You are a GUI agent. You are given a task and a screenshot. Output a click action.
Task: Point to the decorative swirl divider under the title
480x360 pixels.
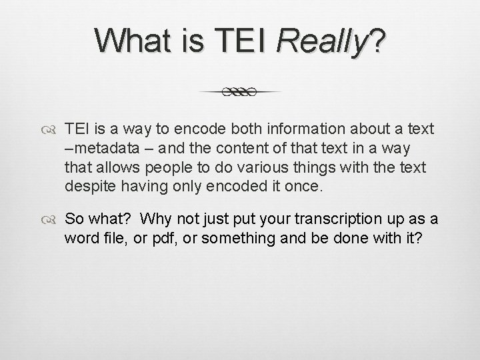pyautogui.click(x=240, y=92)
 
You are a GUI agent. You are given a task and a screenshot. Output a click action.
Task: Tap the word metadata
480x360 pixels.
pyautogui.click(x=96, y=147)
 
